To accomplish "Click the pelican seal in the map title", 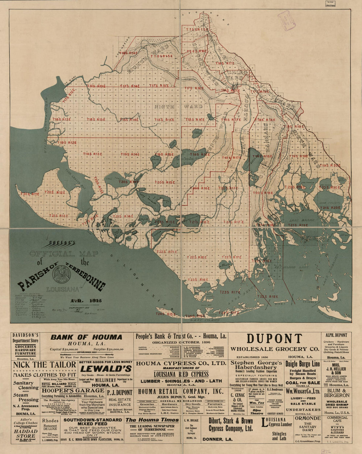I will point(61,274).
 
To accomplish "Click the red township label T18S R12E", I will point(62,119).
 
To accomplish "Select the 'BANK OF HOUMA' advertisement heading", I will point(86,337).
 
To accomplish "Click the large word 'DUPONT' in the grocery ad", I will point(274,339).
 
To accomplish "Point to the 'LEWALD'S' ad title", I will point(106,369).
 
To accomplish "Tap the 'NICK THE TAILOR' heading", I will point(44,365).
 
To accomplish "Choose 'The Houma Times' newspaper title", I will point(152,420).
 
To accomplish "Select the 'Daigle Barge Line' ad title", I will point(302,364).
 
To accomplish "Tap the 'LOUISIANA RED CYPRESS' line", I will point(181,374).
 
